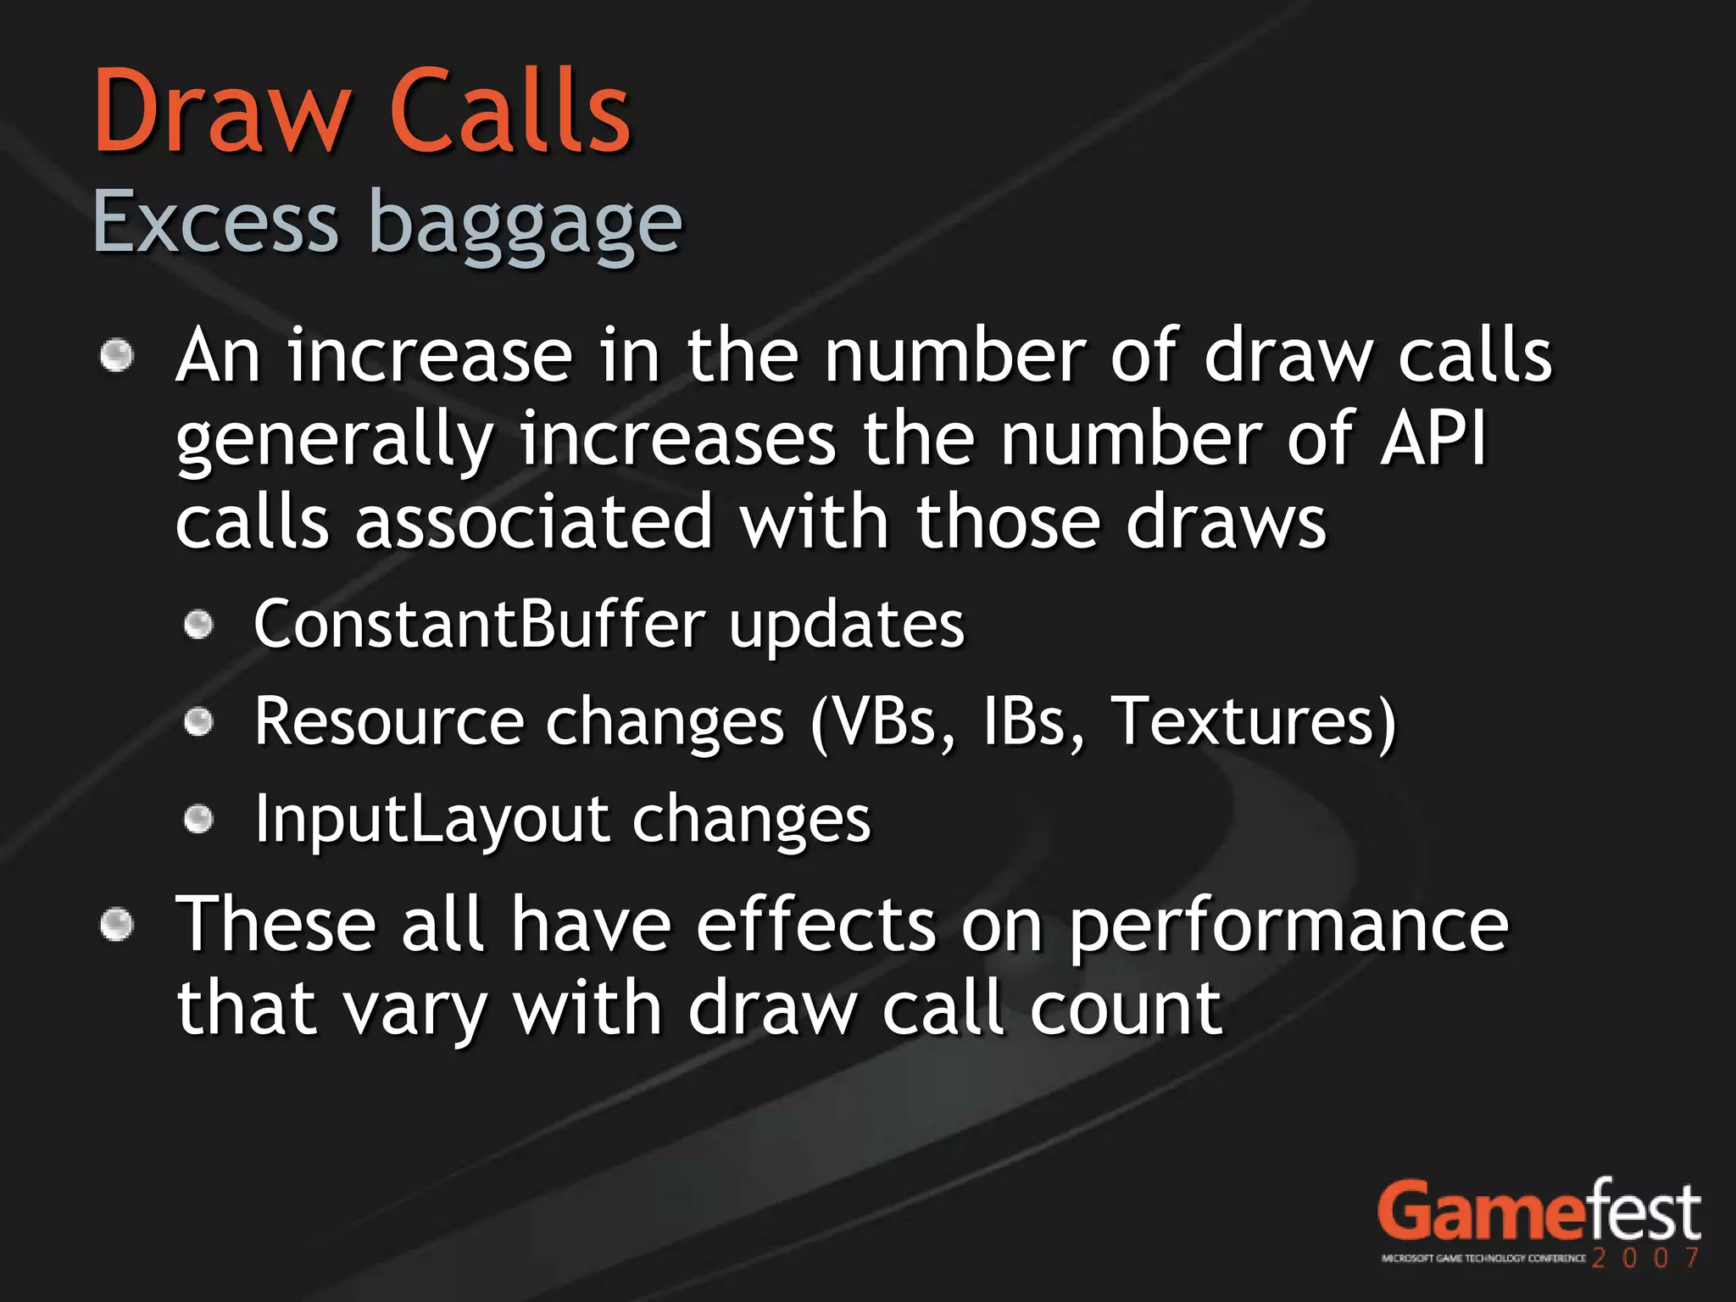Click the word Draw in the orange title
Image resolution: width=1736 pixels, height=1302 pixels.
[x=220, y=112]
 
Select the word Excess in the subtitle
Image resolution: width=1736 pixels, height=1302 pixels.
[x=215, y=222]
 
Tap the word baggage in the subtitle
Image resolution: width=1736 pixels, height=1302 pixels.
[x=526, y=225]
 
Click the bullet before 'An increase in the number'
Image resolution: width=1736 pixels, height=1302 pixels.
[x=117, y=355]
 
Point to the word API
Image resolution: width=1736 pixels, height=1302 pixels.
[x=1433, y=439]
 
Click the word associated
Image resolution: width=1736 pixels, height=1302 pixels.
[x=533, y=522]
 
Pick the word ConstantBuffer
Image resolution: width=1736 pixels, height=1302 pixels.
[x=479, y=624]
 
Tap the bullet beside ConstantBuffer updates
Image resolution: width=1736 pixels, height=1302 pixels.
[x=198, y=626]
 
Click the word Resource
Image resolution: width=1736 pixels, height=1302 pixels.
[x=389, y=721]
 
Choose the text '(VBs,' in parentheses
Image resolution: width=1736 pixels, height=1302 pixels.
[x=882, y=721]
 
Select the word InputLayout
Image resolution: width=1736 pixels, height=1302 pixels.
[x=431, y=820]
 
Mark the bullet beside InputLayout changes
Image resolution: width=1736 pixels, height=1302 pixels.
[x=198, y=820]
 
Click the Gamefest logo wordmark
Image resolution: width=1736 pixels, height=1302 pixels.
[x=1538, y=1212]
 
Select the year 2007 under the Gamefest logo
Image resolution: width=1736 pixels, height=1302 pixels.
[x=1645, y=1257]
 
